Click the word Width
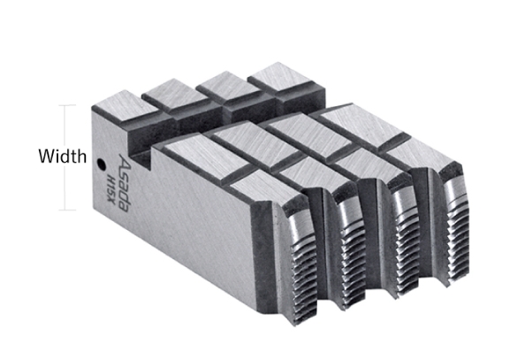click(62, 157)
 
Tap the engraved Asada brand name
click(124, 183)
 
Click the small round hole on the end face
click(101, 165)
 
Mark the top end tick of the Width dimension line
click(67, 105)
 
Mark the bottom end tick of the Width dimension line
click(67, 211)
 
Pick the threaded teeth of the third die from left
click(406, 245)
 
